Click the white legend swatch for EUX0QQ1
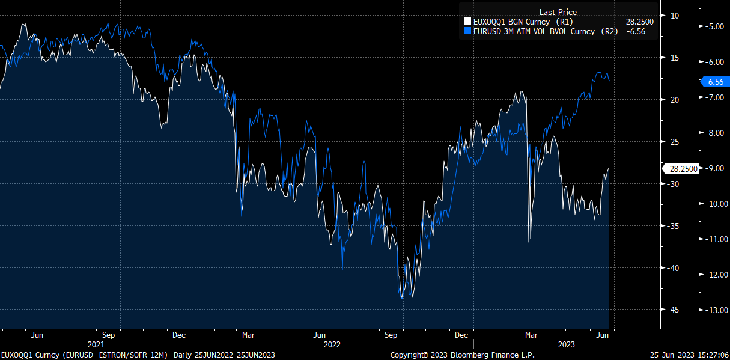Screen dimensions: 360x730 point(468,22)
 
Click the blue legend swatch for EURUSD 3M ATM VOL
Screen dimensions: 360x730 point(468,31)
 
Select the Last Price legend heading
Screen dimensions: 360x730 point(558,12)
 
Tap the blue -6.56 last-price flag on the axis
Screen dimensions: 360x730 point(714,82)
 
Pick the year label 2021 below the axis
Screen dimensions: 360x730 point(96,344)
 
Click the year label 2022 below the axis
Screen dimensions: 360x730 point(332,344)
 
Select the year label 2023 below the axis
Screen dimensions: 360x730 point(567,344)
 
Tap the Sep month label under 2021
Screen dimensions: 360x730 point(108,334)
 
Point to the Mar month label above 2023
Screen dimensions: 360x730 point(531,334)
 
